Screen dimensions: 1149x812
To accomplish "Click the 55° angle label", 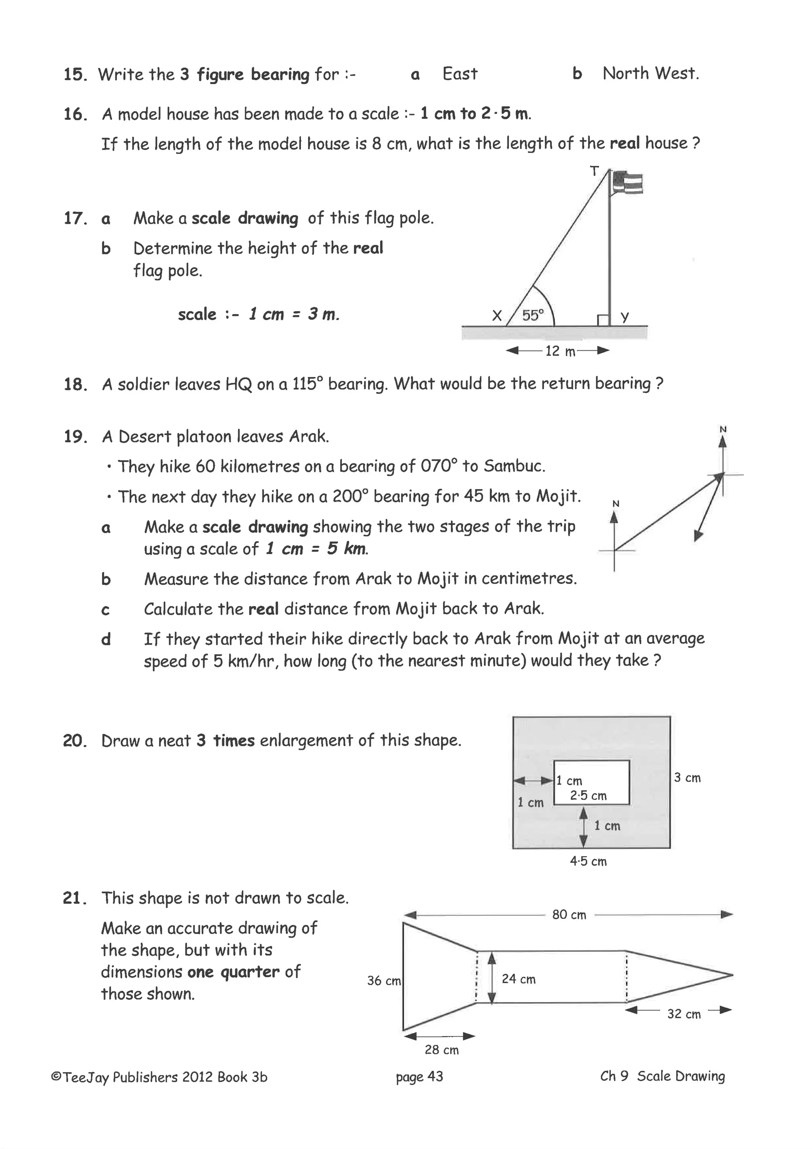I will coord(532,315).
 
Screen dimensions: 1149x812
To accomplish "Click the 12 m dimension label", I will coord(559,351).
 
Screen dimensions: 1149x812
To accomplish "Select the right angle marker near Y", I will coord(603,320).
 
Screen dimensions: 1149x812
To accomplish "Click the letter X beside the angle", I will coord(496,316).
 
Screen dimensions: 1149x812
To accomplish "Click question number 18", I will coord(75,384).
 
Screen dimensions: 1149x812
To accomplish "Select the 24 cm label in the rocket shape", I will coord(519,979).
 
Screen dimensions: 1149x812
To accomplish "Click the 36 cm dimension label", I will coord(383,980).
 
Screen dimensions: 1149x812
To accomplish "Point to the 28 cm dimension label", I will coord(442,1050).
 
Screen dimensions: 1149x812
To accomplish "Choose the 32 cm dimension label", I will coord(684,1014).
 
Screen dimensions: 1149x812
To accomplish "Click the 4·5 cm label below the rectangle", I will coord(588,861).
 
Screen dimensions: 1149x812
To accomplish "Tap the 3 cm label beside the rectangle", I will coord(687,778).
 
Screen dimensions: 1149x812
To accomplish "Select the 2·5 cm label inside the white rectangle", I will coord(588,796).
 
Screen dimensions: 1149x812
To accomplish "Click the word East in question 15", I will coord(460,74).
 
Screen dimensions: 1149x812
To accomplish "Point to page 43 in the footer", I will coord(419,1076).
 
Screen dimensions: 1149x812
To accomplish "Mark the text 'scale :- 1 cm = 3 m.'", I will coord(259,314).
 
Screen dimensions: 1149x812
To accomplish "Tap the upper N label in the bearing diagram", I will coord(722,429).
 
